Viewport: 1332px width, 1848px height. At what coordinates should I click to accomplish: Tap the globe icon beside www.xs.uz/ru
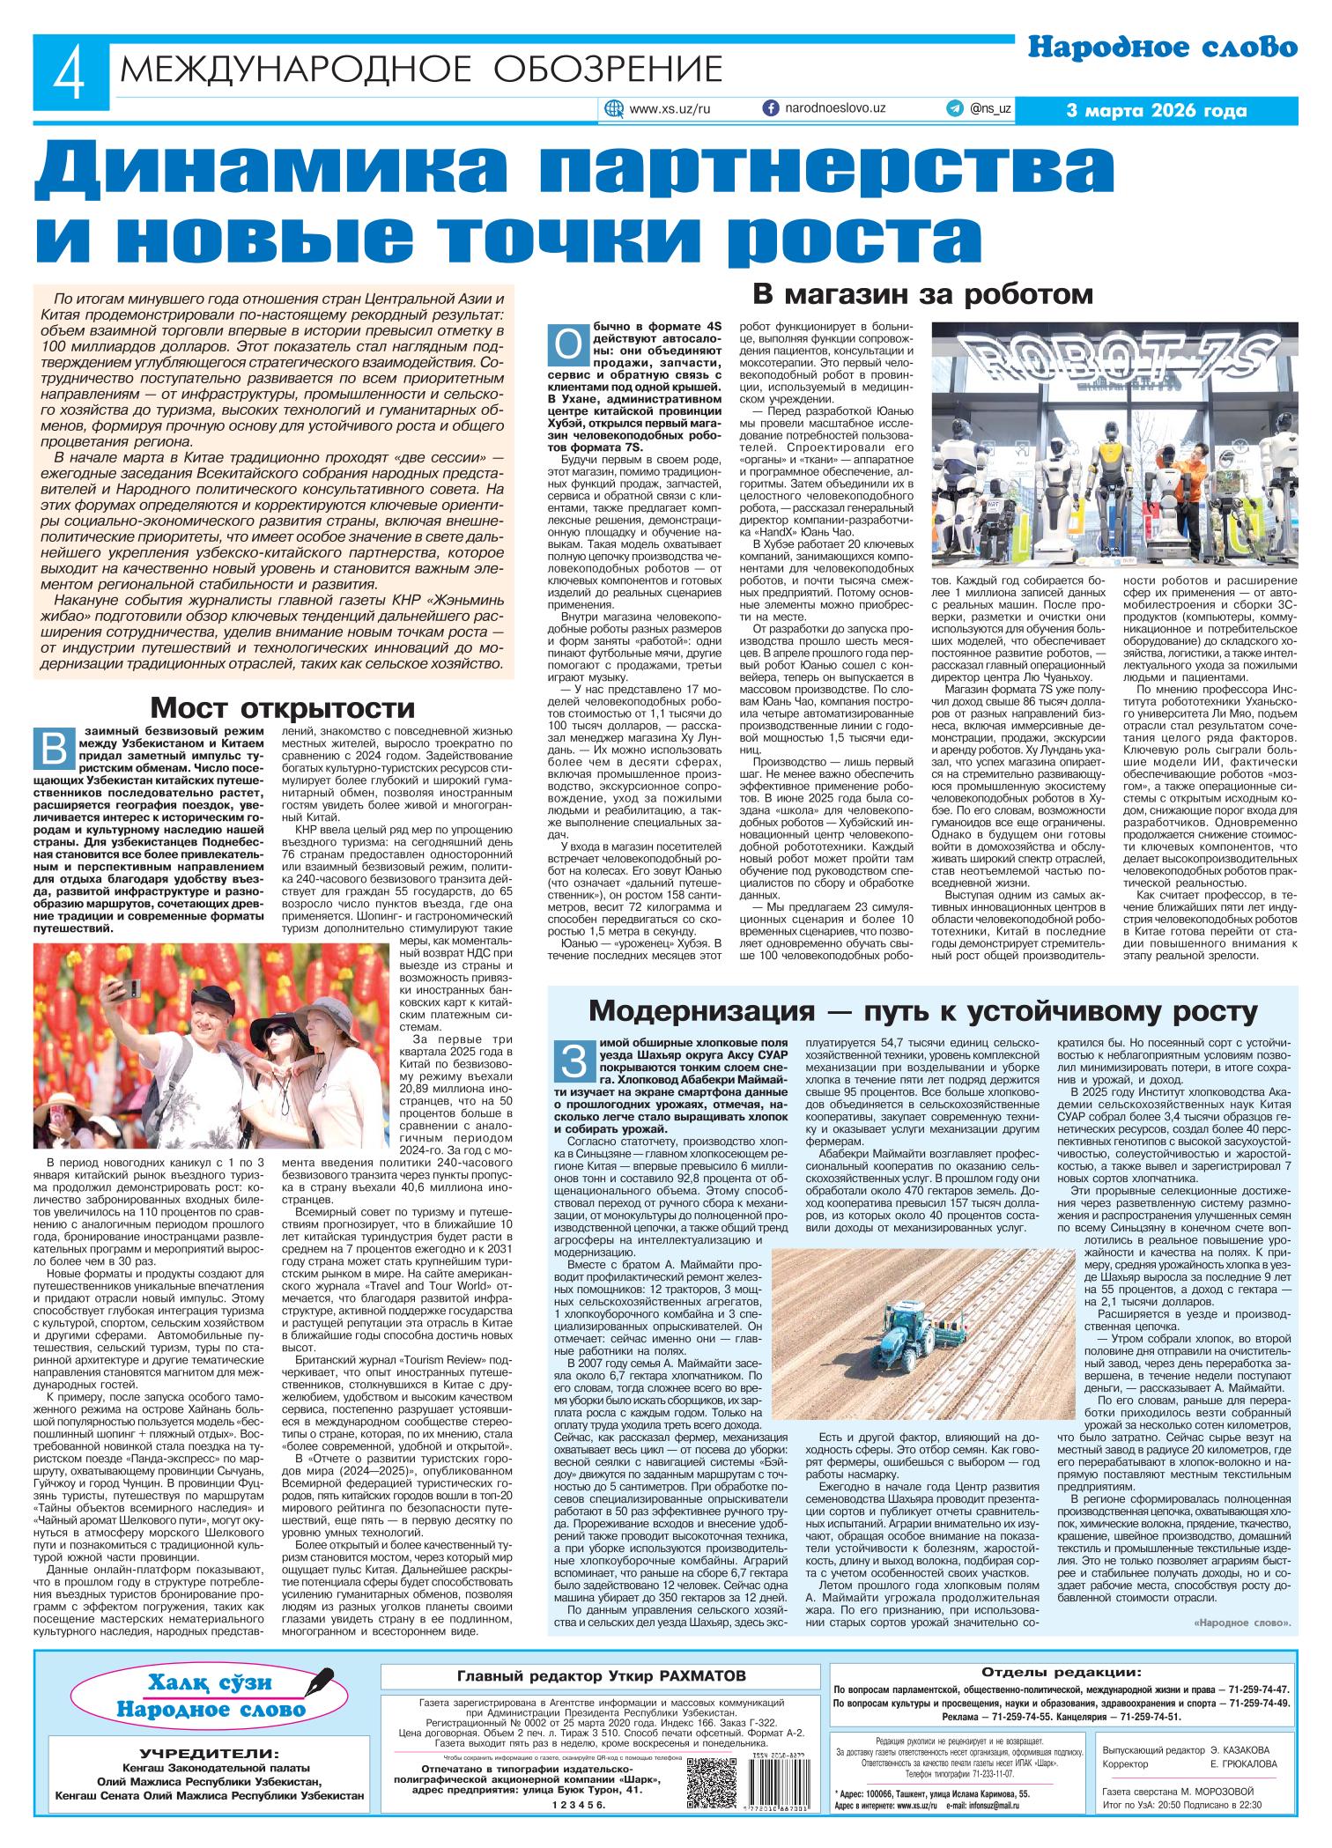pos(613,109)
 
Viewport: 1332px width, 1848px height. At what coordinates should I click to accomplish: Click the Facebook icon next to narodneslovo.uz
pos(770,108)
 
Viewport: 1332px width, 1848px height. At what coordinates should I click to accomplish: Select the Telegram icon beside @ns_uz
pos(955,108)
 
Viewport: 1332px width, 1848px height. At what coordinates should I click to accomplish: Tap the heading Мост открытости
pos(282,707)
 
